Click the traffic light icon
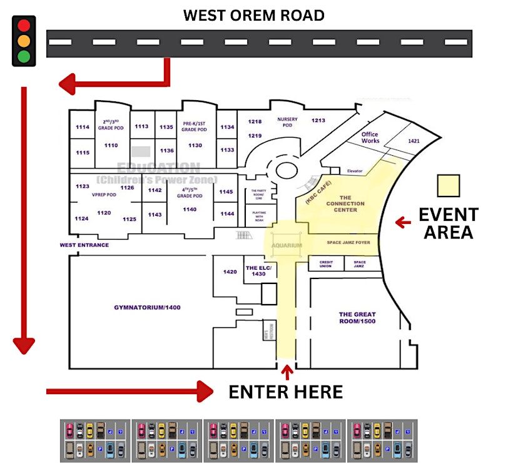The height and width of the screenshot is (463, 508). (x=24, y=41)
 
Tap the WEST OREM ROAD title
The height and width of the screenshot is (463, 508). (x=253, y=16)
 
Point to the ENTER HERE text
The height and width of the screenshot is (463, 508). (x=285, y=392)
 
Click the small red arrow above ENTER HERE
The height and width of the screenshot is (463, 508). (x=287, y=373)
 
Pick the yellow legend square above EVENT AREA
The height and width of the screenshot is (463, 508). (x=448, y=186)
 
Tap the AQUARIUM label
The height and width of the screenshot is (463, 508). (x=287, y=246)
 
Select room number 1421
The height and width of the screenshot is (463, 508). (x=414, y=141)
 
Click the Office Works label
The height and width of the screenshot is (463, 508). (x=370, y=138)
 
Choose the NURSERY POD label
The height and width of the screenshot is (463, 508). (x=288, y=122)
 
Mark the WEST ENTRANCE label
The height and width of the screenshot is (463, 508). (x=84, y=245)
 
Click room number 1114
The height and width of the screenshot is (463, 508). (x=83, y=127)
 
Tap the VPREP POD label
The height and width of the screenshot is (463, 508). (x=104, y=194)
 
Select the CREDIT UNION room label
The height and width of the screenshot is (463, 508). (x=325, y=264)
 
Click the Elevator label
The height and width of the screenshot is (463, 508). (x=355, y=171)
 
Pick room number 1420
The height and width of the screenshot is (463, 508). (x=230, y=272)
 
